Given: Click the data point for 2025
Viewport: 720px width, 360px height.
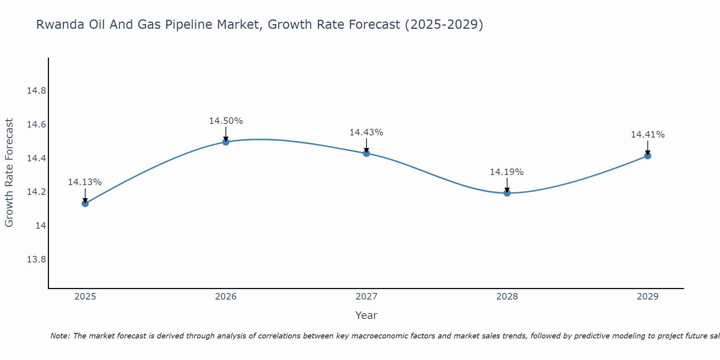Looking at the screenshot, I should coord(85,203).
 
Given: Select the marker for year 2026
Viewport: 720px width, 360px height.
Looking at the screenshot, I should coord(226,142).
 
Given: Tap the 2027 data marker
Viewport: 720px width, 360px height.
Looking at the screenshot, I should coord(366,153).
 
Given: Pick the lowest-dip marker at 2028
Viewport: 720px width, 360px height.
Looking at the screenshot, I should coord(507,193).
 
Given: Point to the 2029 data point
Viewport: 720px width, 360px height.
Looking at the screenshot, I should coord(648,156).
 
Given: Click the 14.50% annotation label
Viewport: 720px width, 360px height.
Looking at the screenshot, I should coord(226,121).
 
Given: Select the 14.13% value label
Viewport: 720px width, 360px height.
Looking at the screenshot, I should coord(85,182).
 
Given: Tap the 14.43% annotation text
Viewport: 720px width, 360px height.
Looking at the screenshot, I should coord(366,132).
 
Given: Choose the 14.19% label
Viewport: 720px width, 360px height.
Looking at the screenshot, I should coord(507,172).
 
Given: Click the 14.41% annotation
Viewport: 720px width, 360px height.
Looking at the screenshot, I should coord(648,135).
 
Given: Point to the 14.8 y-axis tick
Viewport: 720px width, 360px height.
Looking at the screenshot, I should coord(36,91).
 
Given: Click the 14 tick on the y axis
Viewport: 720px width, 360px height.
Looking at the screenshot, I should coord(41,226).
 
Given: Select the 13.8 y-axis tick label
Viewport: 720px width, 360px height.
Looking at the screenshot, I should coord(36,260).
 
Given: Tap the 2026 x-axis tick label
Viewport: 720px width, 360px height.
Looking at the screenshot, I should coord(226,297).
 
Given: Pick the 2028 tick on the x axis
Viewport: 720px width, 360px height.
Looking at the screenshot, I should coord(507,297).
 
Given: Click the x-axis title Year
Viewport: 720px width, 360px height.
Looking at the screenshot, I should coord(366,315).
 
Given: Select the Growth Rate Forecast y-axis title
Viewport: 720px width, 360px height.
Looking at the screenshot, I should coord(9,173).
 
